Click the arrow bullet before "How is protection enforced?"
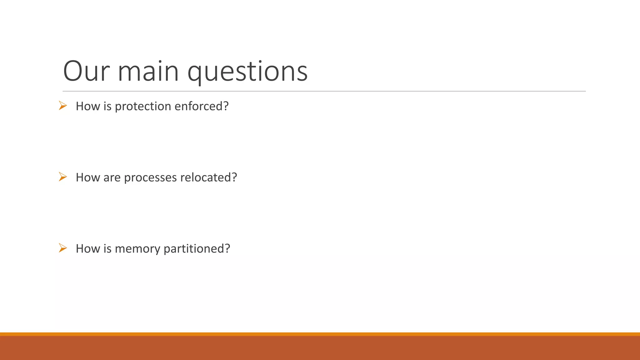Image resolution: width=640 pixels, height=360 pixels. [x=63, y=106]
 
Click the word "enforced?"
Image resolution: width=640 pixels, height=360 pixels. [x=202, y=106]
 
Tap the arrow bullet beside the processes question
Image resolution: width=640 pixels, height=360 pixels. [x=63, y=177]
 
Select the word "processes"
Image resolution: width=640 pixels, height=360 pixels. [x=150, y=178]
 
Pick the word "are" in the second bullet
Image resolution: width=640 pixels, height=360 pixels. [x=112, y=178]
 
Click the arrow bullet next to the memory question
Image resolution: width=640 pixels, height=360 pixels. [x=63, y=248]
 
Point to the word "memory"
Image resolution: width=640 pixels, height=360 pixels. [x=137, y=249]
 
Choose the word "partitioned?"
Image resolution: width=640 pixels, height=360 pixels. [x=197, y=249]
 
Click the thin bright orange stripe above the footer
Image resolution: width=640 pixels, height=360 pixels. [x=320, y=334]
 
